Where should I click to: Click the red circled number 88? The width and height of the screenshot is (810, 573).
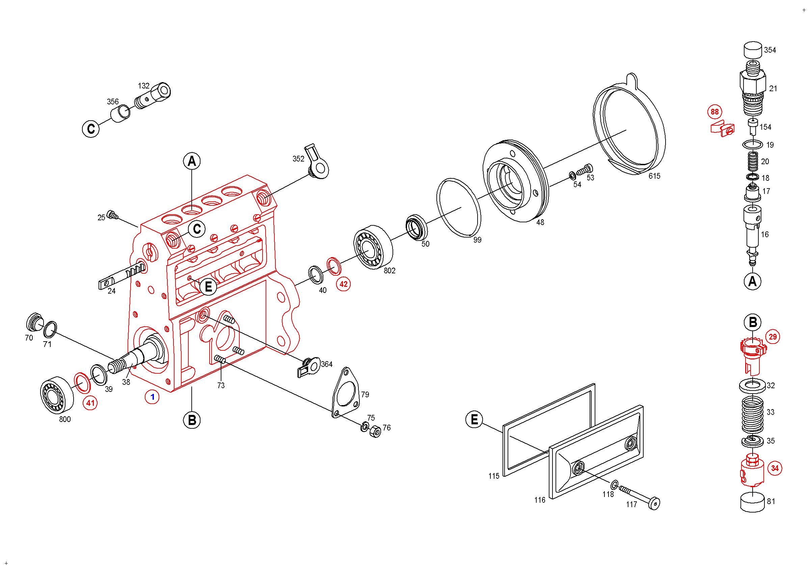pyautogui.click(x=714, y=112)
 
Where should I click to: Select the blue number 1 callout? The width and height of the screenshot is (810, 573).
pyautogui.click(x=152, y=397)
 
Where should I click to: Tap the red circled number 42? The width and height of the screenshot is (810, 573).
pyautogui.click(x=343, y=284)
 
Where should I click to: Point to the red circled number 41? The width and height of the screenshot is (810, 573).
pyautogui.click(x=90, y=403)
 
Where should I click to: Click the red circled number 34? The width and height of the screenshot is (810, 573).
pyautogui.click(x=775, y=468)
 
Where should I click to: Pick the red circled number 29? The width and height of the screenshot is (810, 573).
pyautogui.click(x=773, y=337)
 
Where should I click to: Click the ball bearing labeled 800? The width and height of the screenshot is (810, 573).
pyautogui.click(x=57, y=395)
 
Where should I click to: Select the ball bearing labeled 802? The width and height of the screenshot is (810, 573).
pyautogui.click(x=373, y=247)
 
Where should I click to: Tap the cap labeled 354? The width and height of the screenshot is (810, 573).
pyautogui.click(x=753, y=50)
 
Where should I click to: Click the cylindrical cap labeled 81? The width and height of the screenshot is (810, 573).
pyautogui.click(x=753, y=502)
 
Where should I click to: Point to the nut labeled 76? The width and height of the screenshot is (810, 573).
pyautogui.click(x=375, y=431)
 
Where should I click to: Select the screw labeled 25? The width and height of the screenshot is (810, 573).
pyautogui.click(x=112, y=214)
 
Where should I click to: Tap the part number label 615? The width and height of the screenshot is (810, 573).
pyautogui.click(x=654, y=176)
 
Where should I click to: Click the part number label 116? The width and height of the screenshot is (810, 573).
pyautogui.click(x=540, y=500)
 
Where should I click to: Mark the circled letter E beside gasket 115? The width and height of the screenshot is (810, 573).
pyautogui.click(x=474, y=419)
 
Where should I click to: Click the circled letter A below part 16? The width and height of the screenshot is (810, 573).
pyautogui.click(x=753, y=281)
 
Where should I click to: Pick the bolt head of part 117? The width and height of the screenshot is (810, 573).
pyautogui.click(x=654, y=503)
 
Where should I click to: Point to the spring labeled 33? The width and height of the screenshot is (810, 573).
pyautogui.click(x=753, y=415)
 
